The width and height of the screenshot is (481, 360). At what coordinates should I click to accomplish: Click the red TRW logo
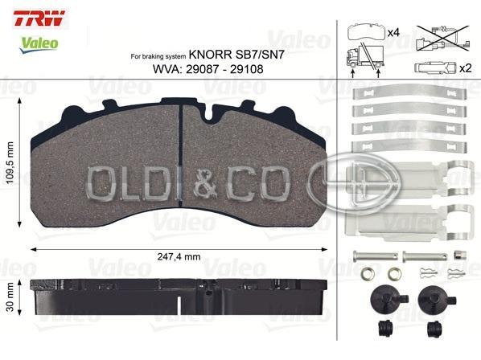(x=39, y=18)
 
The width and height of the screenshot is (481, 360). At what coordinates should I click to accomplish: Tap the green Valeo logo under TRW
(x=39, y=44)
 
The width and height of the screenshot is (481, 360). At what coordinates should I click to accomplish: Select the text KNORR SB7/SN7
(x=236, y=55)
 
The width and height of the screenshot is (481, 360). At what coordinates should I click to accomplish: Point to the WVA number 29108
(x=247, y=69)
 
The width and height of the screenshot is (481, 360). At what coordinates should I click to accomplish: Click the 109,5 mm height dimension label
(x=10, y=162)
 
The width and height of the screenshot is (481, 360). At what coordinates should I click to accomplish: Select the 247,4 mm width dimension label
(x=179, y=256)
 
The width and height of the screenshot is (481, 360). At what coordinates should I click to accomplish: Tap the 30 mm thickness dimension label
(x=10, y=297)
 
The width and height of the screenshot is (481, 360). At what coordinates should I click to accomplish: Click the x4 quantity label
(x=393, y=32)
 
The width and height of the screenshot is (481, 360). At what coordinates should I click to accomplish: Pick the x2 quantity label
(x=466, y=68)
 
